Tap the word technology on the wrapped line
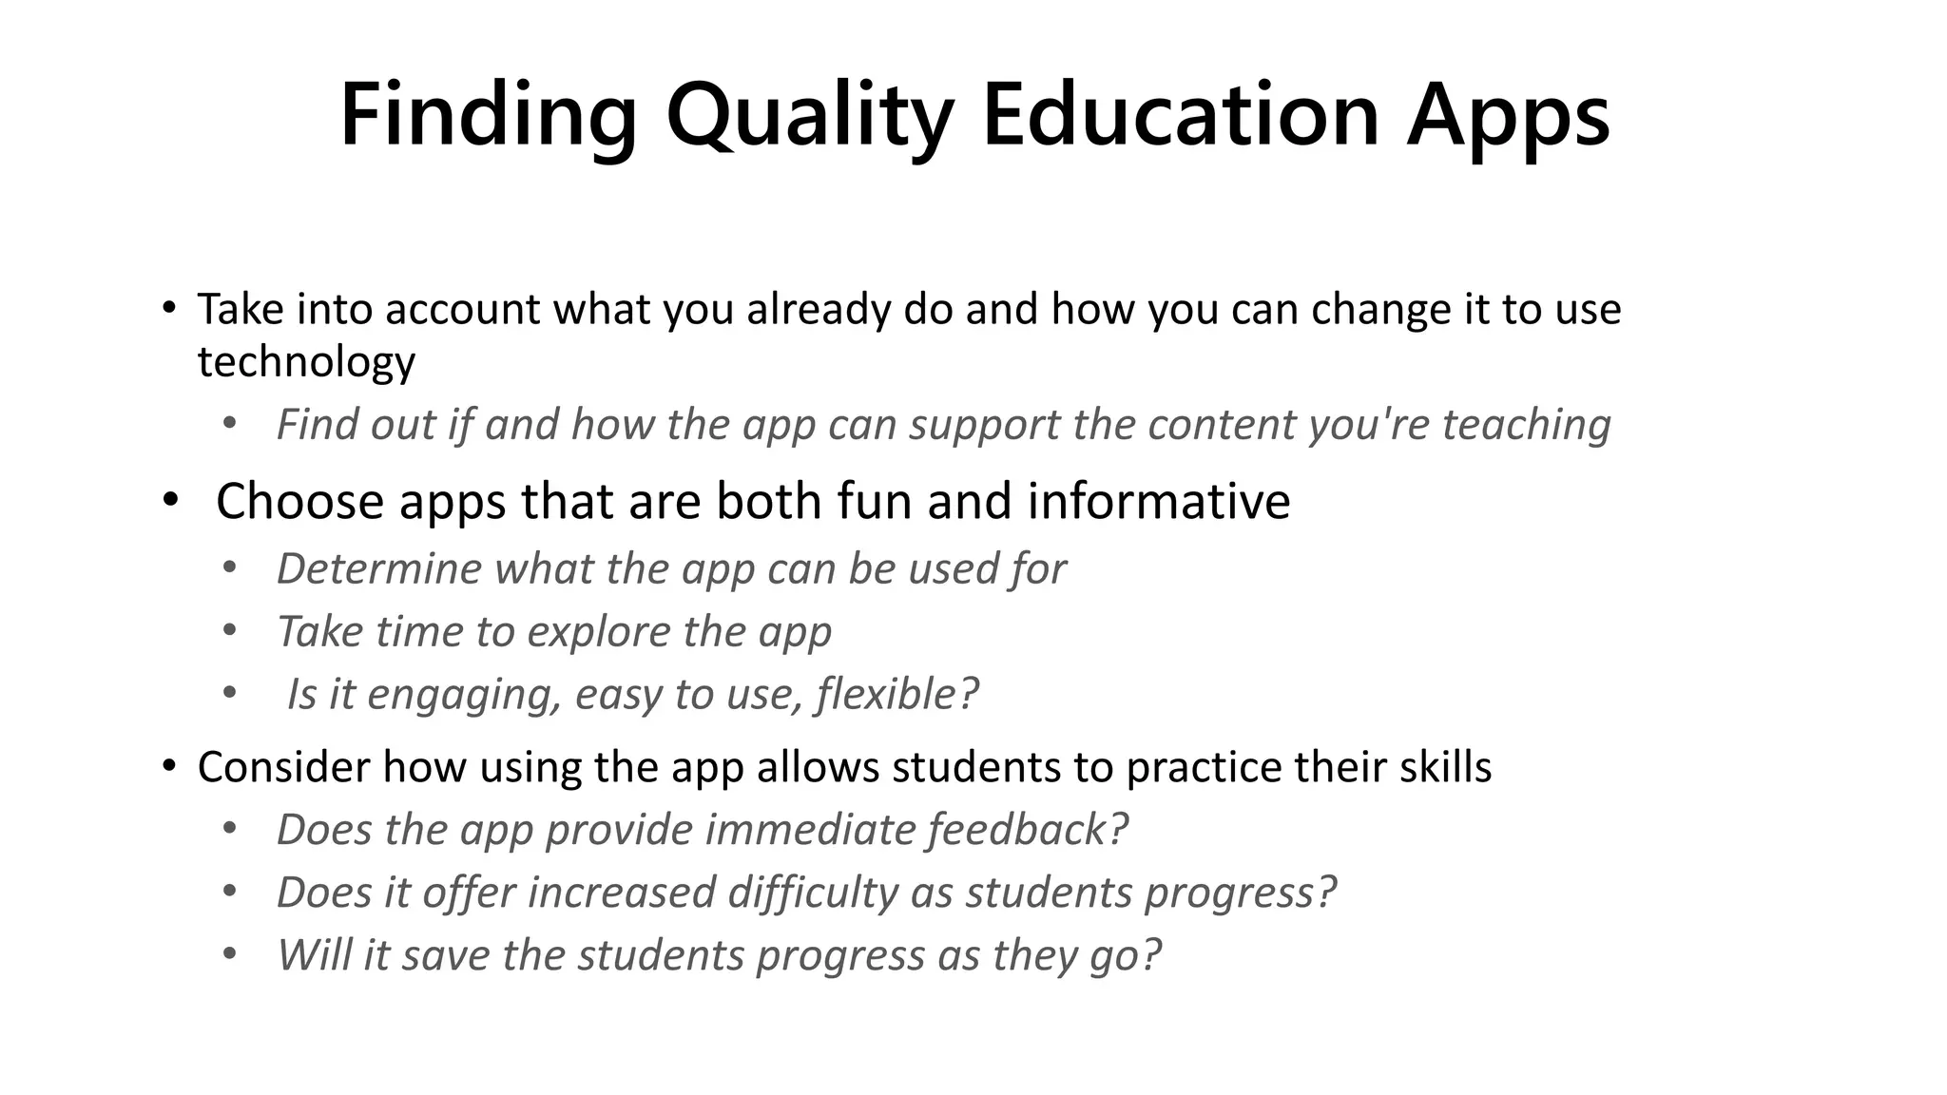pos(306,362)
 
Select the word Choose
pos(299,501)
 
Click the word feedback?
pos(1028,830)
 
